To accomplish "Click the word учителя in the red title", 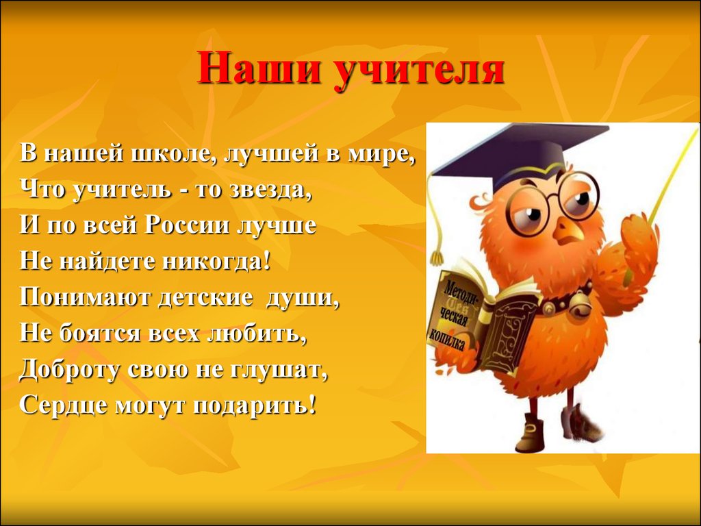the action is click(420, 69).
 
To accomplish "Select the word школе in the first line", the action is click(170, 154).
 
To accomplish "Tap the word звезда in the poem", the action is click(270, 190).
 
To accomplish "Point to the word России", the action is click(187, 225).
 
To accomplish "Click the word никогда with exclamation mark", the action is click(217, 261).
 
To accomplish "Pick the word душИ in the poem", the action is click(303, 297).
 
